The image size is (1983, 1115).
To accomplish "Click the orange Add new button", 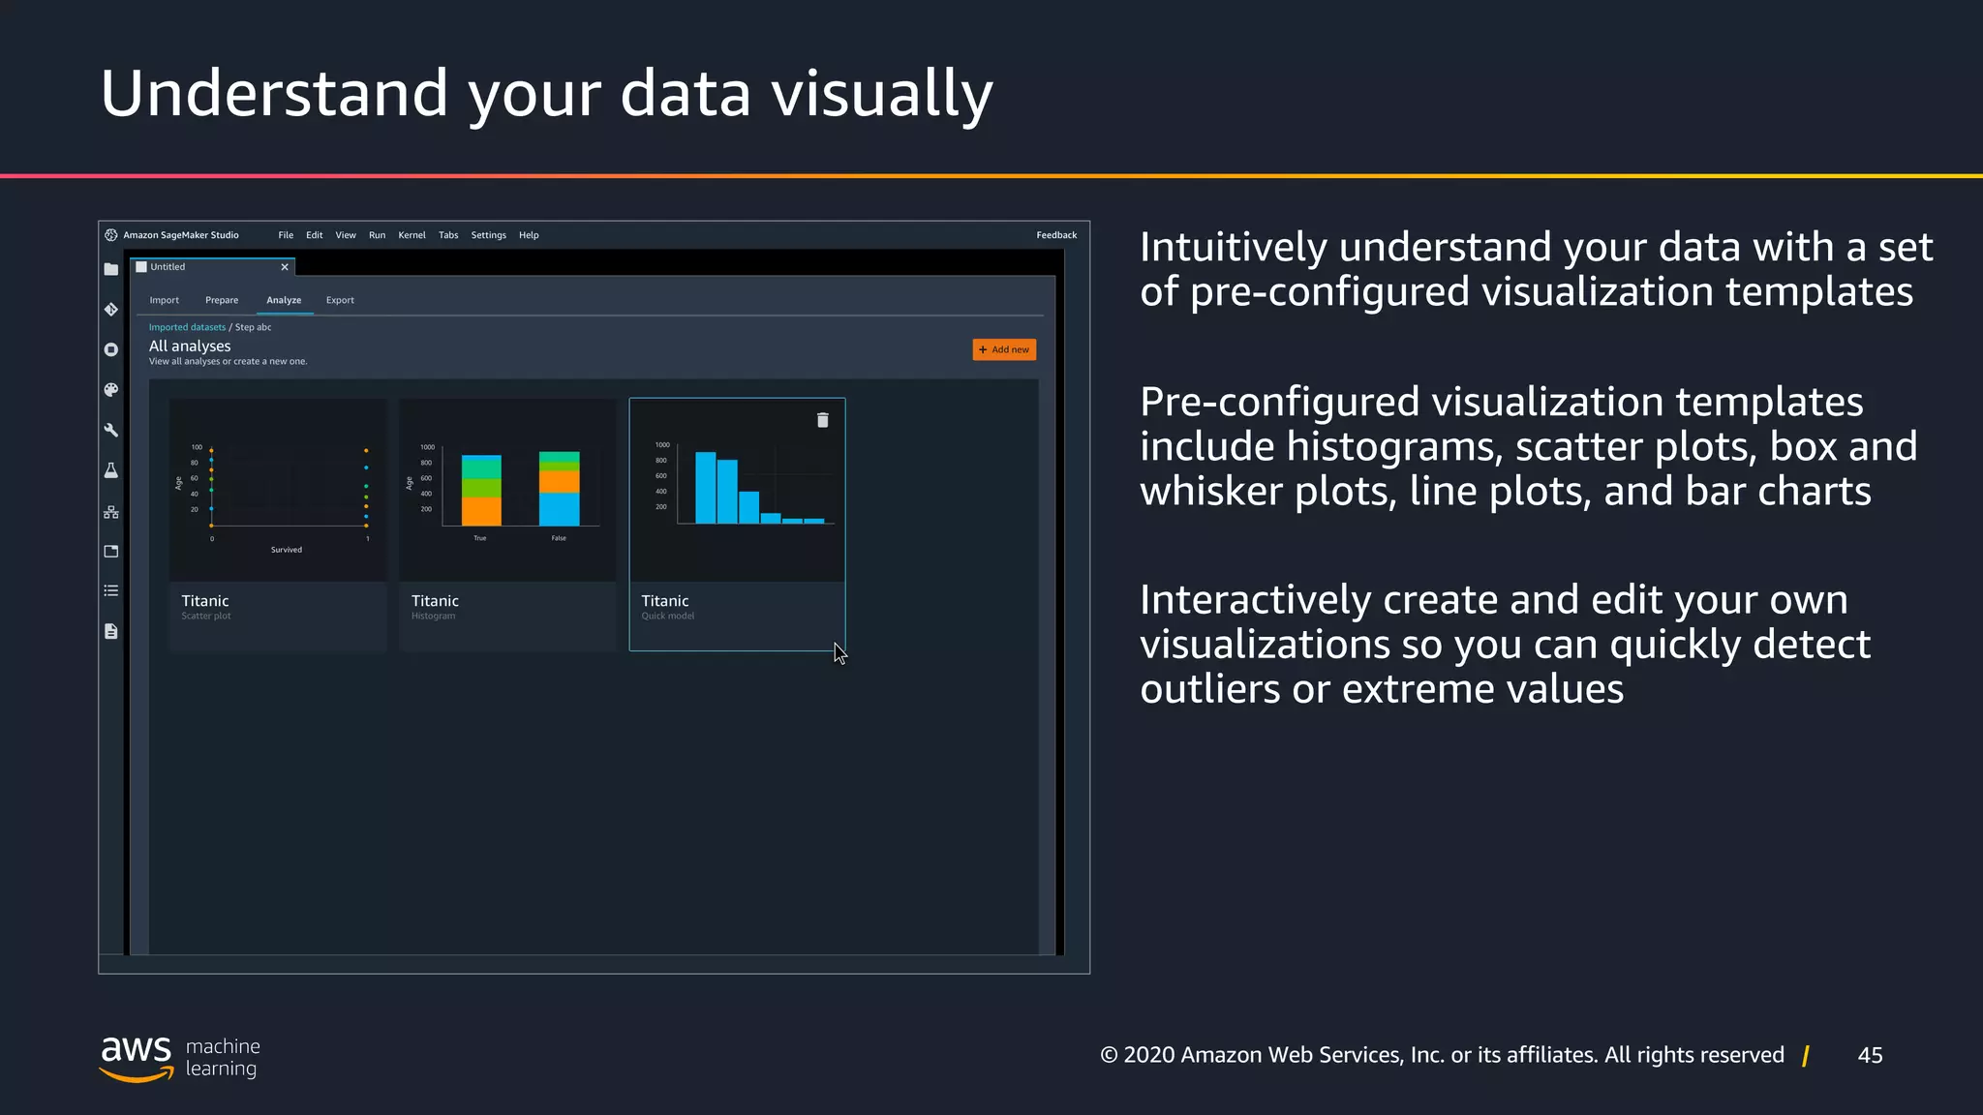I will click(x=1004, y=349).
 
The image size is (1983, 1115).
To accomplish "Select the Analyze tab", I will click(x=284, y=300).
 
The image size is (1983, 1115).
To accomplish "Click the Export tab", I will click(x=340, y=300).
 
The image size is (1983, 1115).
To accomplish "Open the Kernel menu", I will click(x=412, y=235).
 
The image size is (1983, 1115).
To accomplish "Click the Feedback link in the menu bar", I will click(x=1056, y=235).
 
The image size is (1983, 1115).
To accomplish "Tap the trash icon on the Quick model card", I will click(x=823, y=420).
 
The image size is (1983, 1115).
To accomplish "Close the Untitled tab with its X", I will click(x=285, y=267).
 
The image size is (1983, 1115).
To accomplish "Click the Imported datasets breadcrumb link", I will click(x=187, y=327).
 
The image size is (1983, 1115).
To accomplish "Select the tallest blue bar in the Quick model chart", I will click(x=705, y=488).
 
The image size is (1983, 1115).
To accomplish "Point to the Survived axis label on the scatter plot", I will click(x=287, y=550).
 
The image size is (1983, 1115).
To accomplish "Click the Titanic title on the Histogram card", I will click(x=435, y=601).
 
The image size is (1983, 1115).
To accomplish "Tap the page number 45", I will click(x=1870, y=1055).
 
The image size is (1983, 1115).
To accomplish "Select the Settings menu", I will click(x=488, y=235).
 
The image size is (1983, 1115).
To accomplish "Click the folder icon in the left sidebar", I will click(x=111, y=270).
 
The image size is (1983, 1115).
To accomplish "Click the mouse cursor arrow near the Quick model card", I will click(x=839, y=653).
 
